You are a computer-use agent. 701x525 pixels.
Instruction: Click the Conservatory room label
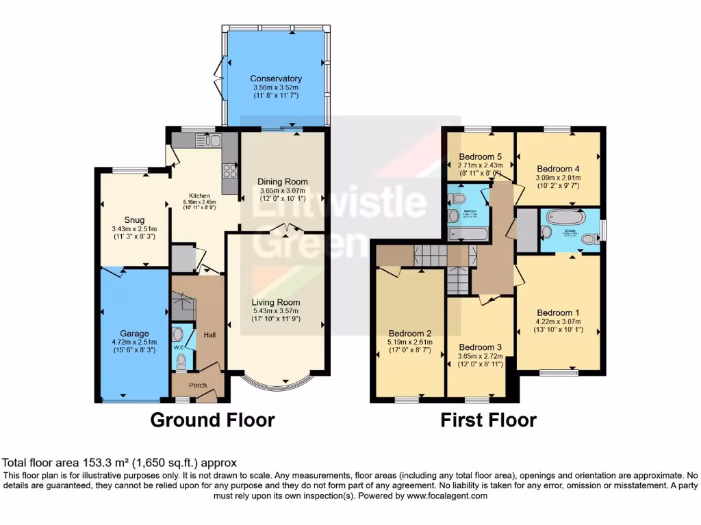click(x=276, y=79)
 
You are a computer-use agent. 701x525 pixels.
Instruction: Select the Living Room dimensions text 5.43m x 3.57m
click(x=276, y=311)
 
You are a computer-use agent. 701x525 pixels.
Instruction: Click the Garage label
click(x=134, y=334)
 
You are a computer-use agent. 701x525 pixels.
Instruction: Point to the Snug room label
click(x=133, y=219)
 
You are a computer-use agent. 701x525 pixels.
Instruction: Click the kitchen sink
click(x=207, y=141)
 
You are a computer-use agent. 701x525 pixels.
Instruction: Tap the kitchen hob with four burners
click(x=230, y=170)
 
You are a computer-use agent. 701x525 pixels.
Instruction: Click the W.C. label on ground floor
click(x=178, y=347)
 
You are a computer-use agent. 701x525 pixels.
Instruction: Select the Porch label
click(x=198, y=385)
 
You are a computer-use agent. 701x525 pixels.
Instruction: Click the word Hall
click(x=209, y=335)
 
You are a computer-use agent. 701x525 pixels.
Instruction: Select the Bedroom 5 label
click(x=480, y=155)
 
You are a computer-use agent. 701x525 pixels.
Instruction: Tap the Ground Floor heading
click(x=212, y=420)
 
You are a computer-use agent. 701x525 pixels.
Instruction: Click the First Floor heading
click(x=488, y=420)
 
